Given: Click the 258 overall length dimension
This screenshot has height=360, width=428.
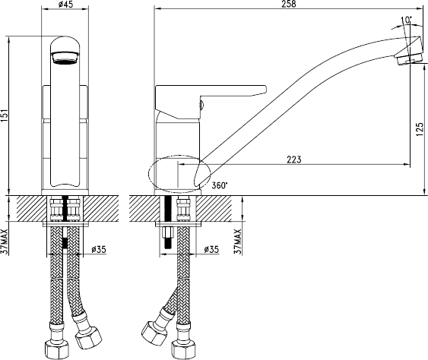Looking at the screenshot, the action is pos(289,4).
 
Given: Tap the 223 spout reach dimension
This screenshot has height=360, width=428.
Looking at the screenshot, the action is pos(294,159).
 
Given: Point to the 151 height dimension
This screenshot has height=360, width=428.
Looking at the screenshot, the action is pos(6,116).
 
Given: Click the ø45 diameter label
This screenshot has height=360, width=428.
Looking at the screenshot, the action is pos(65,4).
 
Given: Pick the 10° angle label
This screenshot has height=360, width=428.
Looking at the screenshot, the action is pos(406,20).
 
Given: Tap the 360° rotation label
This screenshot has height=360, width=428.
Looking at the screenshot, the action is pos(220,185).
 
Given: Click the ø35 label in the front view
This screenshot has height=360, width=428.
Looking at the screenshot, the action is pos(99,249).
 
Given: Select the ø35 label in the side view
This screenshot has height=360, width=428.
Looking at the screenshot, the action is pos(211,249).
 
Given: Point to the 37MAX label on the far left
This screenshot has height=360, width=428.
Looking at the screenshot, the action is pos(6,242).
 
